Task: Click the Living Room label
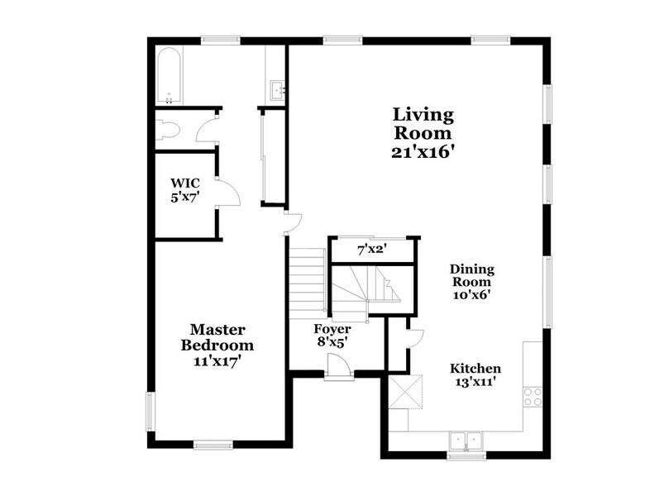(423, 123)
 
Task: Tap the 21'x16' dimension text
(423, 153)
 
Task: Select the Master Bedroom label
(217, 337)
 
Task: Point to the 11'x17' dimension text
(217, 361)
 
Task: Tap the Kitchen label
(475, 368)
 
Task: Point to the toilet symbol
(169, 131)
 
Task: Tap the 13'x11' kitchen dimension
(475, 383)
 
